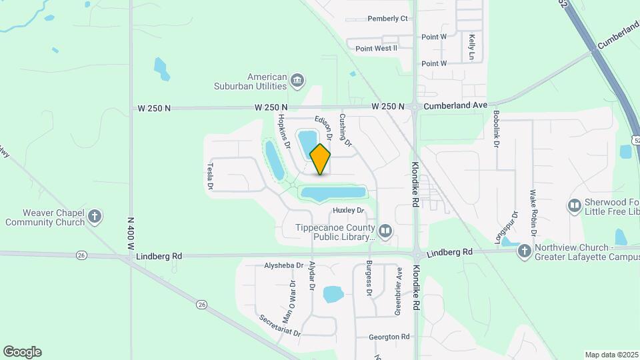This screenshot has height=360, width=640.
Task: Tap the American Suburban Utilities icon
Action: point(297,81)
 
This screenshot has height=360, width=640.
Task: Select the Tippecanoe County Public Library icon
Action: point(385,231)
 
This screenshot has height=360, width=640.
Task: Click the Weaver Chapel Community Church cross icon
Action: point(95,216)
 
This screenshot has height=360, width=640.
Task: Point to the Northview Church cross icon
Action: point(525,251)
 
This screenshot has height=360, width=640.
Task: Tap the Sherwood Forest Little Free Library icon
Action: point(574,205)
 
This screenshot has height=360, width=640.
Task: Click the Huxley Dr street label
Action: point(349,211)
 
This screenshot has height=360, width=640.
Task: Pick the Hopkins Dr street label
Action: point(284,131)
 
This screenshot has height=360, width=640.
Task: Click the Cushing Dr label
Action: point(345,129)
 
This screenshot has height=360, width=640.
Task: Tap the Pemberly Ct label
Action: point(387,19)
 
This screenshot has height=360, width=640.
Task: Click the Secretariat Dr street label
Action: point(280,325)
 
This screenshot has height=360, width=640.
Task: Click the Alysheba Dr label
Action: point(284,265)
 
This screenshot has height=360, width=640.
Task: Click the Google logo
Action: point(22,352)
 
